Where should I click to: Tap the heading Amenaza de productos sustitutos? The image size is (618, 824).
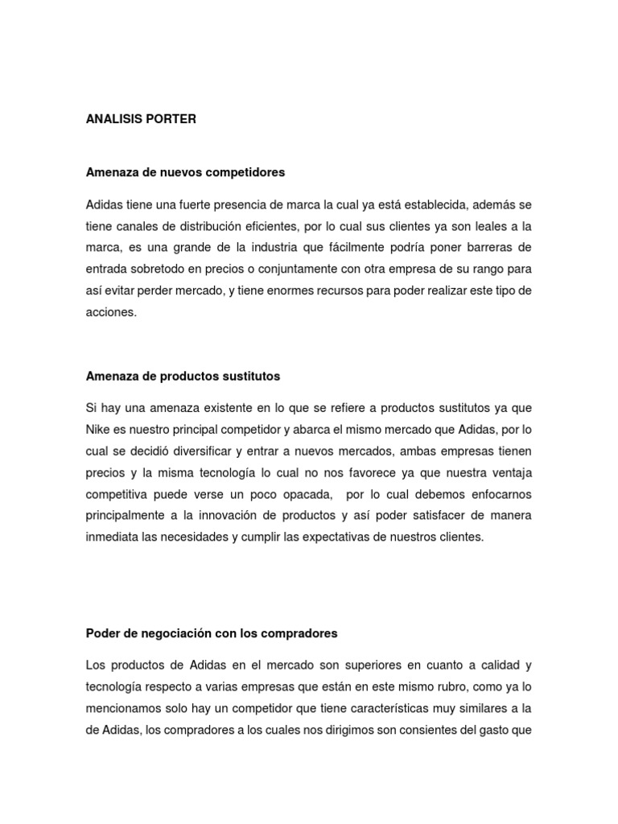[183, 376]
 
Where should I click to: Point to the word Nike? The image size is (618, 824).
[97, 429]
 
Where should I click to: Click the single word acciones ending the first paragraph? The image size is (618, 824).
[111, 312]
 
